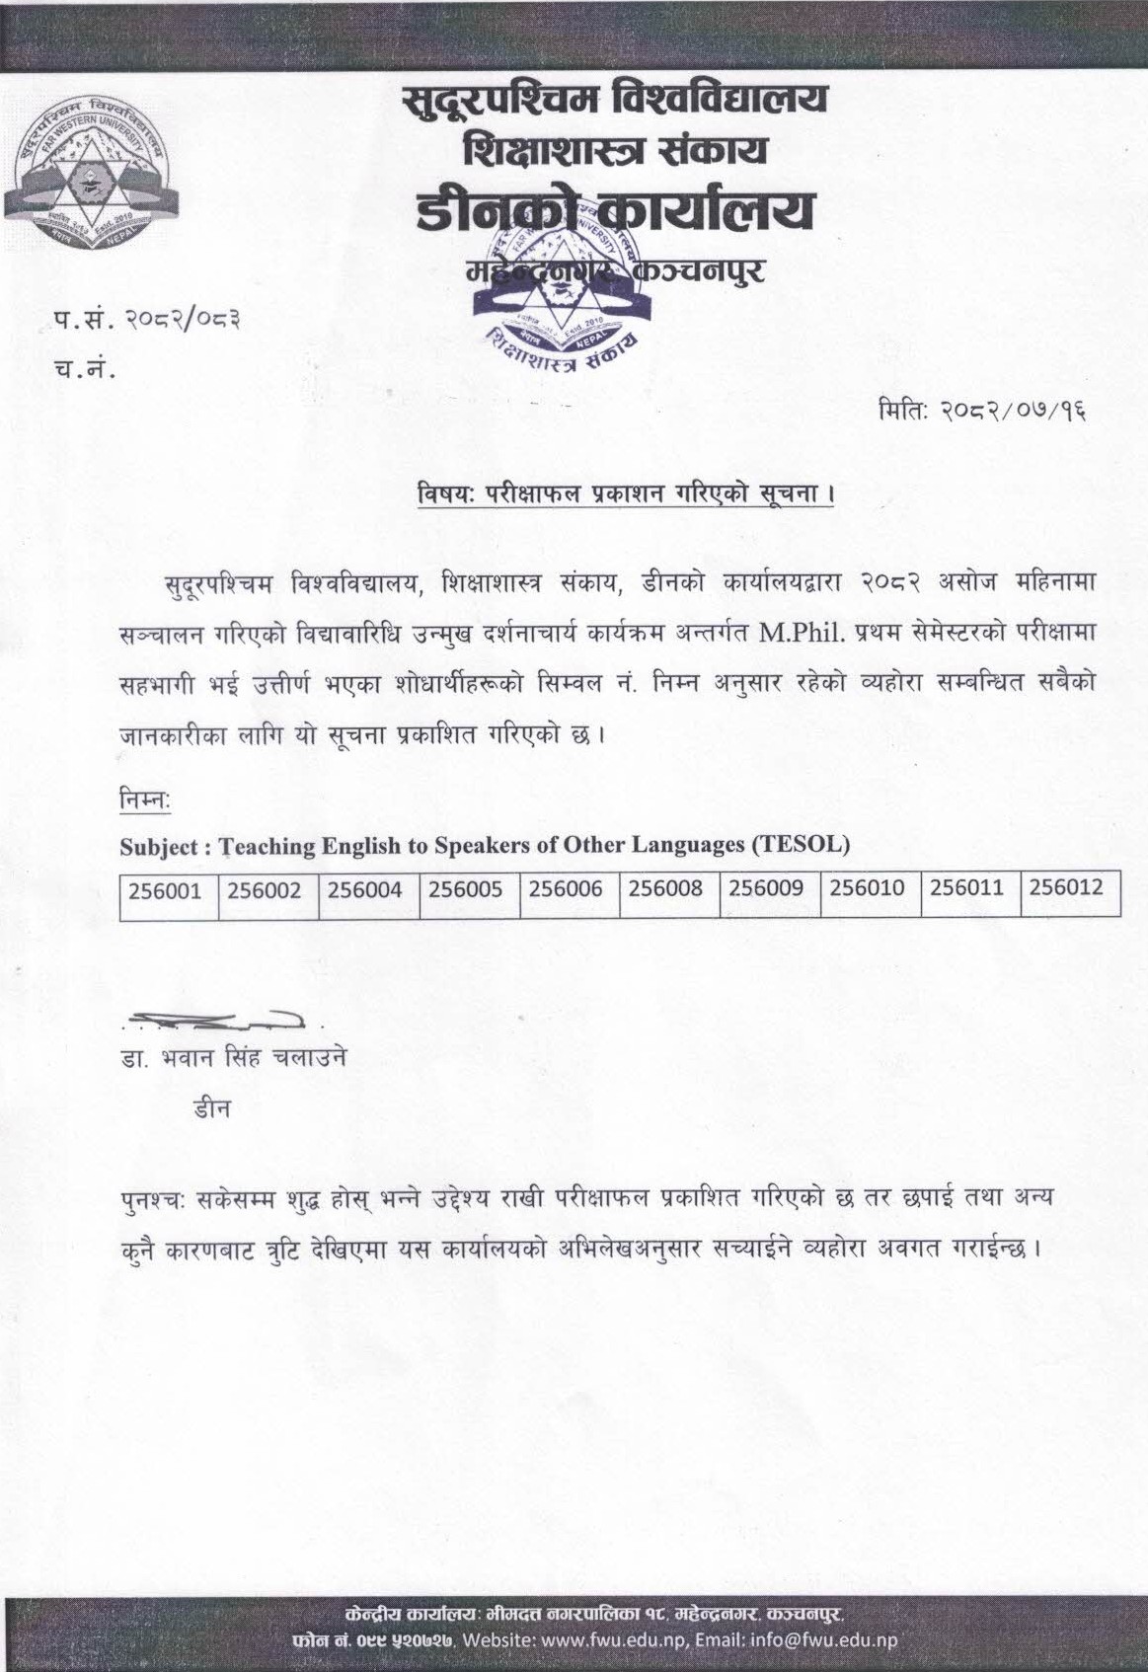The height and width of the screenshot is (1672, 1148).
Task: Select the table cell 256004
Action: click(368, 890)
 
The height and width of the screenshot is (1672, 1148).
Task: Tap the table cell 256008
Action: click(668, 890)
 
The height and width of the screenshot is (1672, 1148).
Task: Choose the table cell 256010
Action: click(869, 890)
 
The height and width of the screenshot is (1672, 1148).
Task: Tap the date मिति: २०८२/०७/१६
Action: click(984, 408)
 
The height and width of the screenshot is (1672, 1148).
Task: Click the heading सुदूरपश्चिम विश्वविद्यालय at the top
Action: click(615, 100)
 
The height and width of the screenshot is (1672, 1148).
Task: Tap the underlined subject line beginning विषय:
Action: click(624, 491)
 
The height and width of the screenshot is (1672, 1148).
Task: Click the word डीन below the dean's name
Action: click(211, 1108)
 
